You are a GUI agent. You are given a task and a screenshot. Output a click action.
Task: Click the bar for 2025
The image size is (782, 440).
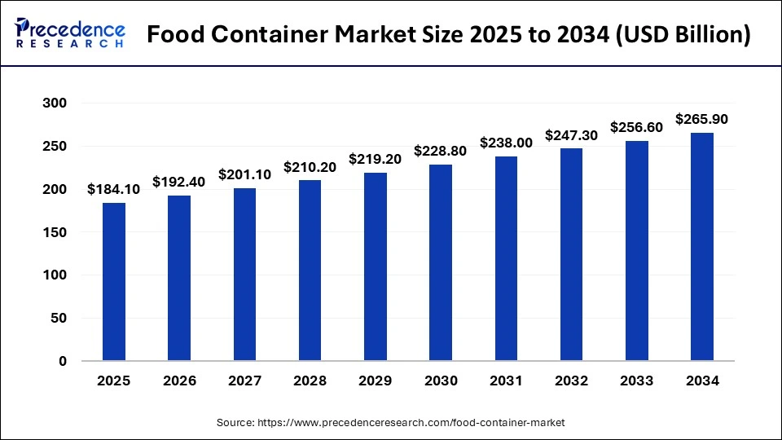tap(114, 281)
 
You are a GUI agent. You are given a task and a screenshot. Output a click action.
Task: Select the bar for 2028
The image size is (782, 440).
tap(310, 270)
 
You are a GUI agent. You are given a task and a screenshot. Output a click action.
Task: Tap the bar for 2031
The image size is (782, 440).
tap(506, 258)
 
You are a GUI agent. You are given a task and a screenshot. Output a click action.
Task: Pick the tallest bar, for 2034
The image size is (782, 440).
tap(702, 246)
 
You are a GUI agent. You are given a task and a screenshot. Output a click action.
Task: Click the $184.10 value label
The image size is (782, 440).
tap(114, 189)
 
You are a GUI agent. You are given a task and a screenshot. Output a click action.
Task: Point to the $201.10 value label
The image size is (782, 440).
tap(244, 174)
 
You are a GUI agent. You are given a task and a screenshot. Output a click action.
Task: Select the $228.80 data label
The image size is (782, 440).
tap(441, 151)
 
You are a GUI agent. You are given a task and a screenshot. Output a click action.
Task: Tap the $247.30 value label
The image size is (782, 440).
tap(571, 134)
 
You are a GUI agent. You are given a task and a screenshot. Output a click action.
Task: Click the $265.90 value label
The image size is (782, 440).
tap(702, 119)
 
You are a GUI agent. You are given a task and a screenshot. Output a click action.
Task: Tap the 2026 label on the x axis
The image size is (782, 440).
tap(179, 381)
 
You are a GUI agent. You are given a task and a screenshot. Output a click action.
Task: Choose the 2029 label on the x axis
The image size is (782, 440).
tap(376, 381)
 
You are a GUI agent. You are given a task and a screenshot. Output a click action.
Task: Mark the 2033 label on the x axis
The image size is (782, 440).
tap(637, 381)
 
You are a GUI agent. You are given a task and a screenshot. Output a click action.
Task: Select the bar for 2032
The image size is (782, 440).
tap(571, 254)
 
